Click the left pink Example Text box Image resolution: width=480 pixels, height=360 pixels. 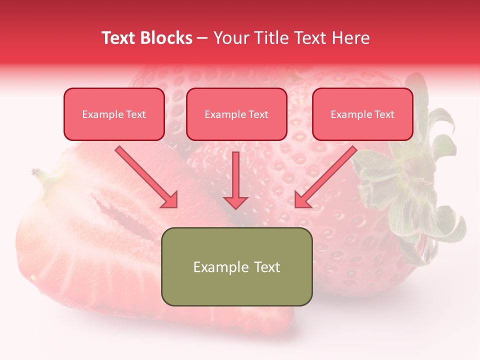114,114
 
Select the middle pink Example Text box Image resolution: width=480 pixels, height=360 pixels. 236,114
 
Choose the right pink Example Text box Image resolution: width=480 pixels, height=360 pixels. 362,114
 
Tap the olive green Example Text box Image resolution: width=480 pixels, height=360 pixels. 236,266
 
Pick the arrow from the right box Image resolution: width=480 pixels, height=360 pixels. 326,176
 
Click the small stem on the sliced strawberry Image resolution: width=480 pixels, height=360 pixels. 40,175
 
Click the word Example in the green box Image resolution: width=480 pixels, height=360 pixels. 217,267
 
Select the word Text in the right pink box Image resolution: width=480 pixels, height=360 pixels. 384,114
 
